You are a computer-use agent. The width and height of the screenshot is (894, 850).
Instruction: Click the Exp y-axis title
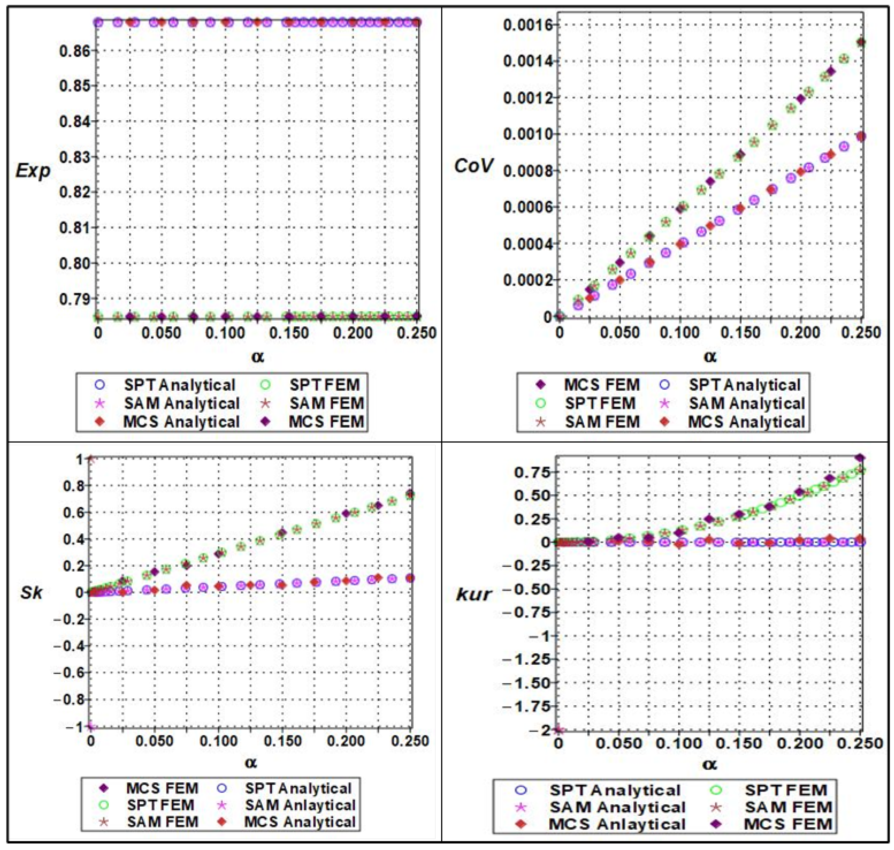33,171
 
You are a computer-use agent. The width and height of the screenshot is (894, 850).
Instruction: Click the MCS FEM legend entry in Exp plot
326,422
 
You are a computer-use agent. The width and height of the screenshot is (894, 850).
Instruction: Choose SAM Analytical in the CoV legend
746,403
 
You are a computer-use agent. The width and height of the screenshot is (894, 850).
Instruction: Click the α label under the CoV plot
710,357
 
